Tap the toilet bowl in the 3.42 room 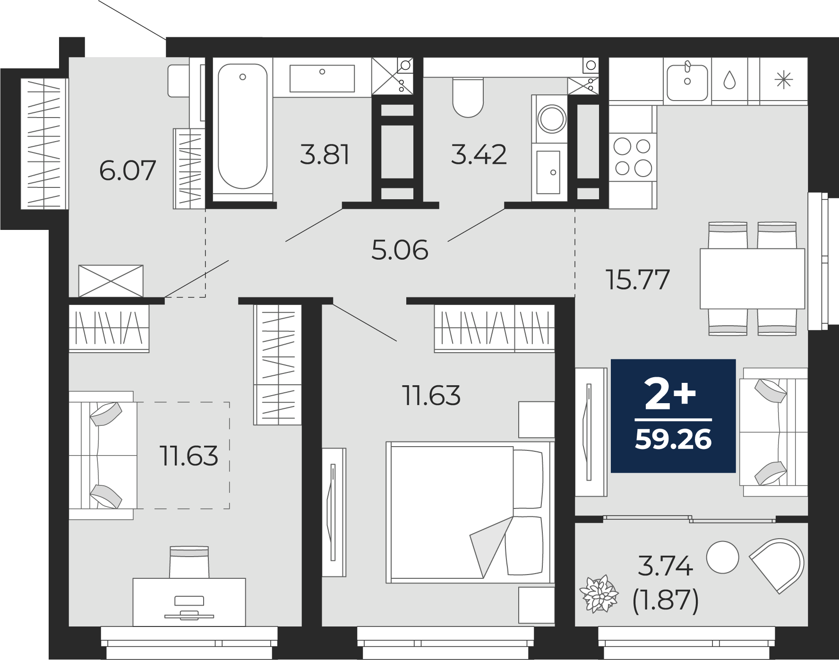tap(468, 97)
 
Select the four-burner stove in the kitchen tap(633, 157)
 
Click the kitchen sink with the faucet tap(687, 80)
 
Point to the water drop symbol tap(730, 80)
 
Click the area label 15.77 tap(638, 279)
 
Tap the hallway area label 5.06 tap(400, 250)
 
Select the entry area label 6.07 tap(128, 170)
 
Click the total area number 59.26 tap(673, 440)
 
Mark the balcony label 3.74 tap(665, 566)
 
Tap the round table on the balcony tap(722, 557)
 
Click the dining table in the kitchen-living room tap(752, 279)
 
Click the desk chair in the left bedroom tap(189, 562)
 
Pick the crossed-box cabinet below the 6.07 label tap(111, 281)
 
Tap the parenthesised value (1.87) tap(665, 601)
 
